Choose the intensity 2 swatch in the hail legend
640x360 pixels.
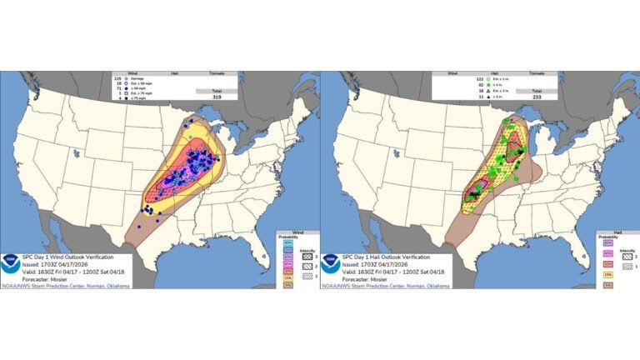(620, 258)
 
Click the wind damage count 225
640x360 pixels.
(117, 77)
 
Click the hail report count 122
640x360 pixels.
(437, 77)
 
